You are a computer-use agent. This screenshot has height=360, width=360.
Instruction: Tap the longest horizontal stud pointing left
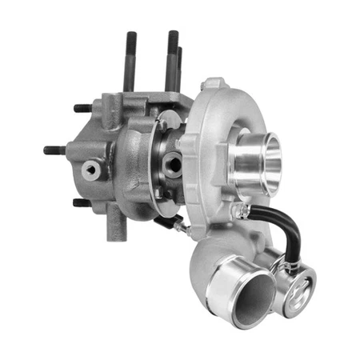pyautogui.click(x=53, y=150)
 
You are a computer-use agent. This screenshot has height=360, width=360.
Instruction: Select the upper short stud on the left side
pyautogui.click(x=82, y=108)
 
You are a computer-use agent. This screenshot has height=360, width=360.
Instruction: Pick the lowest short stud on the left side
pyautogui.click(x=82, y=202)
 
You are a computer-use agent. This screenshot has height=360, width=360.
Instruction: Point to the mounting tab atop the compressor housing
pyautogui.click(x=212, y=85)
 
